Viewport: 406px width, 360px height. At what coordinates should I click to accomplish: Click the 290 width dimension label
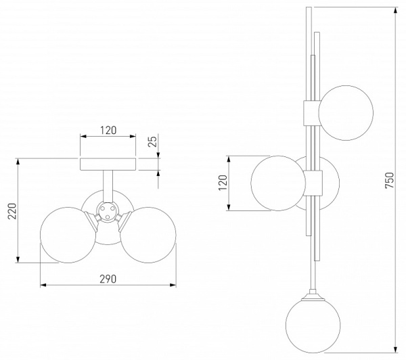click(x=108, y=279)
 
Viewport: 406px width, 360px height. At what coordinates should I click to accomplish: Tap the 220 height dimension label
click(x=12, y=211)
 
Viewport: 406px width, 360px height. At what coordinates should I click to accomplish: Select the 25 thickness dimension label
click(x=153, y=141)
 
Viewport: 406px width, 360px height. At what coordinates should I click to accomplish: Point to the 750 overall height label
click(x=389, y=180)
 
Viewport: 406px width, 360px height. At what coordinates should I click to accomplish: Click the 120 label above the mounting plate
click(x=108, y=131)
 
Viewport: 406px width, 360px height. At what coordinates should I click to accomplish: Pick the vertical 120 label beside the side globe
click(x=223, y=183)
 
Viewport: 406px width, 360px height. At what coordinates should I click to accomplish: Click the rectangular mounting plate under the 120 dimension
click(x=108, y=164)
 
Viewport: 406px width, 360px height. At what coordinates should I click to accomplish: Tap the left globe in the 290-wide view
click(x=68, y=235)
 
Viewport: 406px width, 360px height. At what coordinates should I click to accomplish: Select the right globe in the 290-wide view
click(x=148, y=235)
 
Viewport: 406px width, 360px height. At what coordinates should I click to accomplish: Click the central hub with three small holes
click(x=108, y=211)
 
